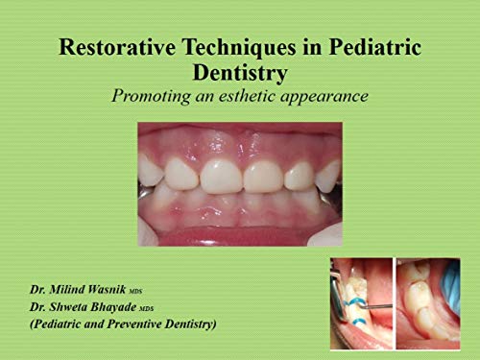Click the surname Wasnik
(125, 289)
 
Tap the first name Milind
(75, 289)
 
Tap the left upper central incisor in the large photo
(218, 176)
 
